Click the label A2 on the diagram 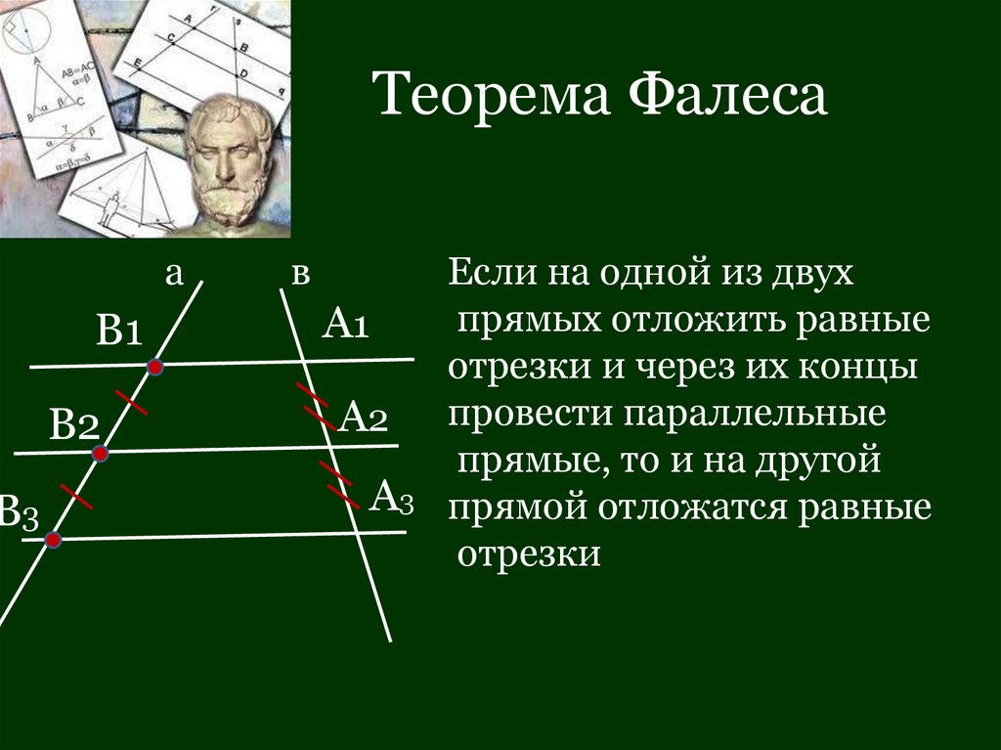tap(365, 419)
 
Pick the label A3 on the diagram tap(391, 498)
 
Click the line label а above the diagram tap(174, 274)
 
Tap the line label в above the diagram tap(300, 275)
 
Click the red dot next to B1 tap(154, 367)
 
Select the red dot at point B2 tap(100, 454)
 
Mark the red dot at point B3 tap(53, 539)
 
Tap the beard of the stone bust tap(229, 200)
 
